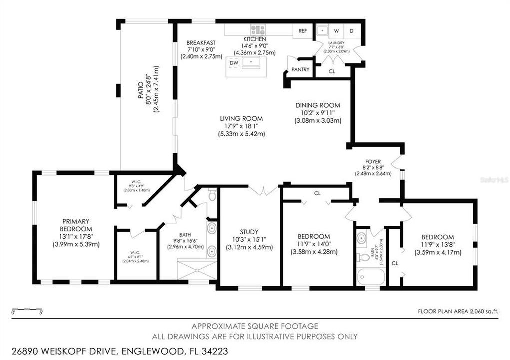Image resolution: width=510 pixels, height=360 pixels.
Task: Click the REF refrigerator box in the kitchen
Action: tap(303, 31)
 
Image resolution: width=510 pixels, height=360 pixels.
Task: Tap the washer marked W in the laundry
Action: tap(336, 31)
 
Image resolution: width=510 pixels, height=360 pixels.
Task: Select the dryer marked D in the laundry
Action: tap(351, 31)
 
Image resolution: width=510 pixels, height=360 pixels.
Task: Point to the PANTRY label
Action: tap(300, 70)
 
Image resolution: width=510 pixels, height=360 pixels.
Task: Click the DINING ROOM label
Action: tap(318, 105)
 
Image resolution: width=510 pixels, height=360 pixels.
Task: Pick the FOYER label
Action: tap(373, 161)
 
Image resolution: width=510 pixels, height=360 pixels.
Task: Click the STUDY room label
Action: tap(249, 232)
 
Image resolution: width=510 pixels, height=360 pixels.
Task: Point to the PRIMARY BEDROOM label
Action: tap(76, 225)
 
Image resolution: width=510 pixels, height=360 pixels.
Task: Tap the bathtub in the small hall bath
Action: tap(371, 276)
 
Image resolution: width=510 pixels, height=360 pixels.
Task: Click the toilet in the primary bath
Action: tap(212, 195)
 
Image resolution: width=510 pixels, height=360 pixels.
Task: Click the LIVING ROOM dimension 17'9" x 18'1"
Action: tap(241, 126)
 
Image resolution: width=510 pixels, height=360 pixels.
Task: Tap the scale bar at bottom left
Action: tap(27, 310)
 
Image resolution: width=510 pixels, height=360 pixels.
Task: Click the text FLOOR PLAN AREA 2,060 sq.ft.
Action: tap(458, 311)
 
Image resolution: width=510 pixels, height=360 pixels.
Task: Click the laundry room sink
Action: tap(322, 31)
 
